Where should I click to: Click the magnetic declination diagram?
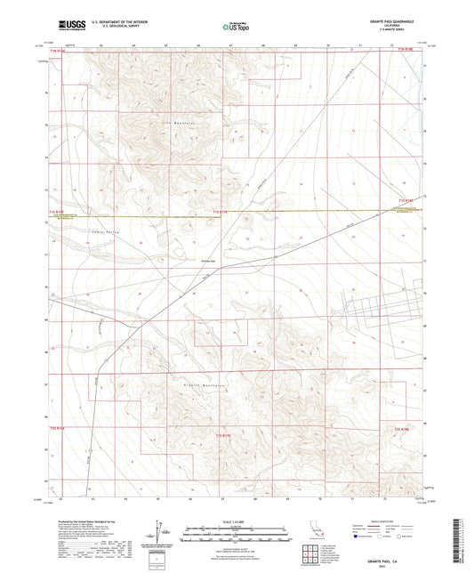click(160, 532)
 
